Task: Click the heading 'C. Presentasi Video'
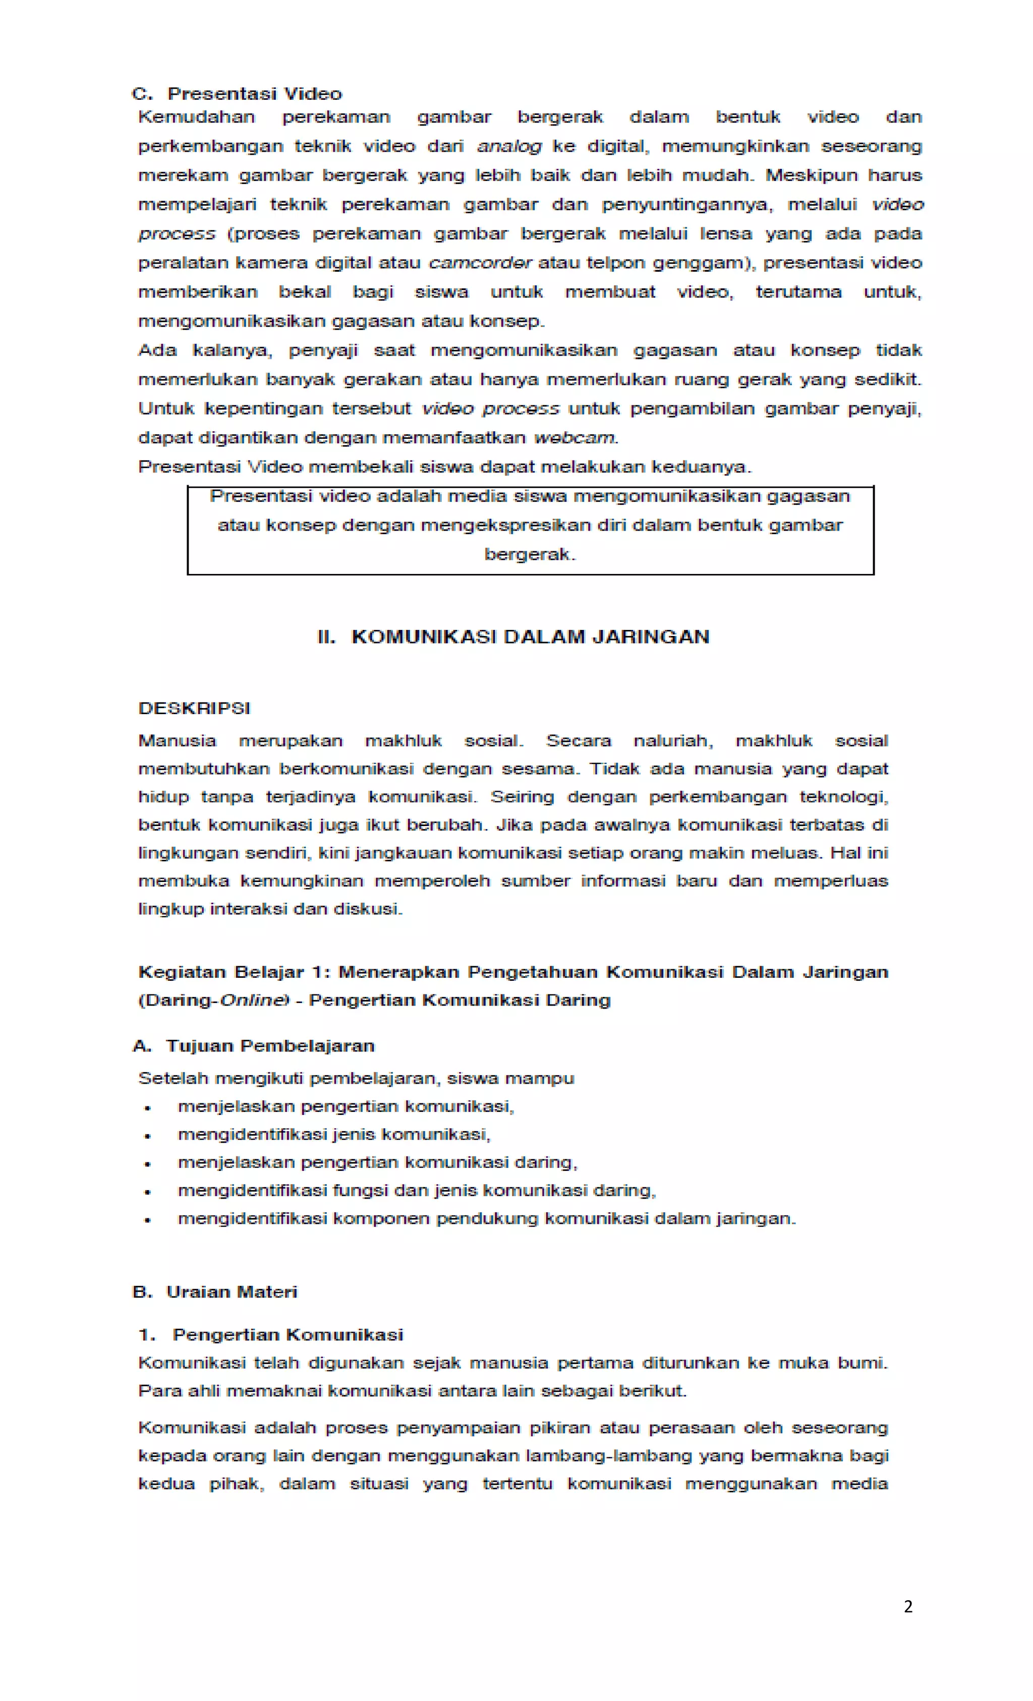point(237,93)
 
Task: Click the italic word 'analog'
point(509,146)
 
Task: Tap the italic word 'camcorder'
point(480,263)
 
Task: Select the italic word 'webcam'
point(574,438)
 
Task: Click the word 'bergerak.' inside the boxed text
point(529,554)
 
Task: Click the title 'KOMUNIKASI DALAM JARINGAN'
point(530,636)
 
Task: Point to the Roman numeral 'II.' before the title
point(326,636)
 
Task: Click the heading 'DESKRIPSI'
point(194,709)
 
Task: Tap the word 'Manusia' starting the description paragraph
point(177,741)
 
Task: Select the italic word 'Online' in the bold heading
point(252,1001)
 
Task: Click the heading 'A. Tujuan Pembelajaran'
point(253,1046)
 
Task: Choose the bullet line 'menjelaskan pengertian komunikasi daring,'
point(377,1162)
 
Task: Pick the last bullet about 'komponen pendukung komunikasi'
point(486,1218)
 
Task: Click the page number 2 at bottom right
point(907,1606)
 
